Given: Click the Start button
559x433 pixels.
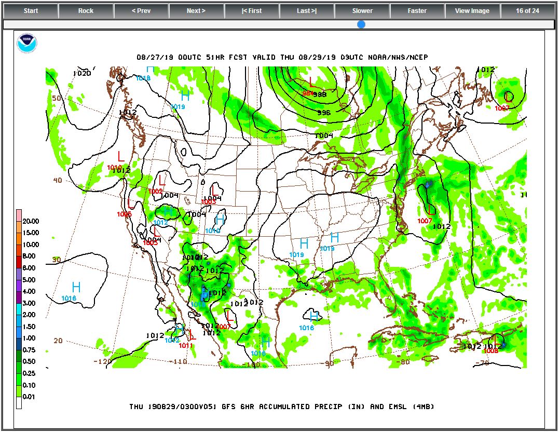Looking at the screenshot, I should [31, 11].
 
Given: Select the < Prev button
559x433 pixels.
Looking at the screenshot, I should [141, 11].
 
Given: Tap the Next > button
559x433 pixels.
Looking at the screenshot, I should [196, 11].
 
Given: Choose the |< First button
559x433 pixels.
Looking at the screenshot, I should [252, 11].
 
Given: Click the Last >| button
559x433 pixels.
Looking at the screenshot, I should [307, 11].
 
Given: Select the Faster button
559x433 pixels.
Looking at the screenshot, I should [417, 11].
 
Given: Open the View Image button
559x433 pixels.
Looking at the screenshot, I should [472, 11].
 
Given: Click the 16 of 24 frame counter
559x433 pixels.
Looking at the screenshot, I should [527, 11].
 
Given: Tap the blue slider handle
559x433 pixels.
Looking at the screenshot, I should [361, 24].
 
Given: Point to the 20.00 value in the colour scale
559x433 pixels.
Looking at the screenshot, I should [31, 221].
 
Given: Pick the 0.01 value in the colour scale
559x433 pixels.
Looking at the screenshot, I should [31, 397].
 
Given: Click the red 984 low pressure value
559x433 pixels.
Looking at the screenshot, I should [308, 93].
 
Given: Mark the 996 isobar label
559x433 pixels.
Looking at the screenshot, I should [324, 113].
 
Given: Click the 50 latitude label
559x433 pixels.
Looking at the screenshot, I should [57, 98].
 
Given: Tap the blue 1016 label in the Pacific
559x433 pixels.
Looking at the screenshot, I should [69, 299].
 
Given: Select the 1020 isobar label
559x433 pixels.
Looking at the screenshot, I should [82, 73].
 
